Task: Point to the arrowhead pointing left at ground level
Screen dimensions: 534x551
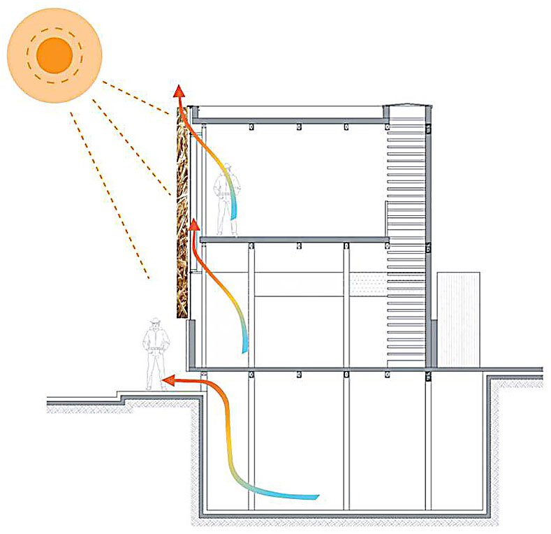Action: [x=168, y=381]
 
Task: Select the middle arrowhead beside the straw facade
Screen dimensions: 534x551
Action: [x=193, y=225]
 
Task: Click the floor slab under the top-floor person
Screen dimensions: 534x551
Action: [x=293, y=240]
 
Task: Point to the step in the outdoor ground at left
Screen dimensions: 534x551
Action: [x=122, y=400]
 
